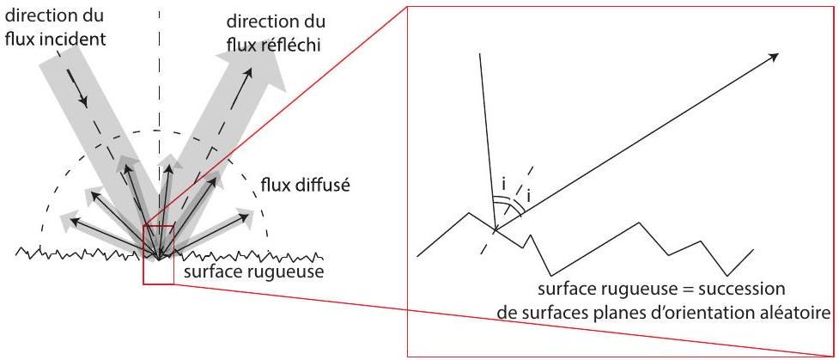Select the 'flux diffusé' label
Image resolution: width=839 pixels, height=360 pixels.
tap(305, 186)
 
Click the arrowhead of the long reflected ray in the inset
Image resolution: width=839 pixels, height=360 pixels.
tap(774, 56)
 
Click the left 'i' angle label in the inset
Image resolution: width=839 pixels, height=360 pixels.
tap(503, 185)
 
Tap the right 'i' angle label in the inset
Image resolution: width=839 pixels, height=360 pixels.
tap(529, 197)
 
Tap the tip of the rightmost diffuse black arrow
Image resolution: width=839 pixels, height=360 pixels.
tap(250, 216)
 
